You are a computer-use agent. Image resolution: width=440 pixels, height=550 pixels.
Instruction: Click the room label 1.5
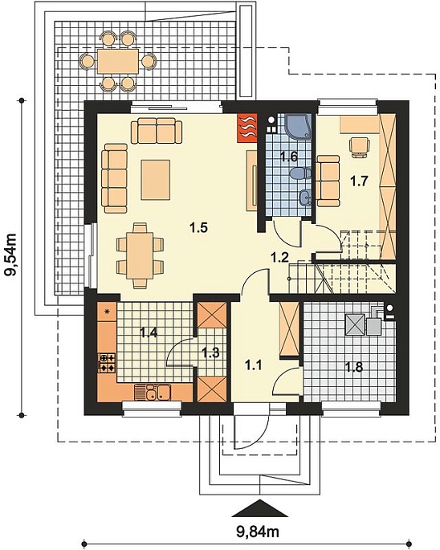coord(198,228)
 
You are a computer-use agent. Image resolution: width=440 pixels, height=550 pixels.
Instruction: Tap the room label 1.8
coord(354,367)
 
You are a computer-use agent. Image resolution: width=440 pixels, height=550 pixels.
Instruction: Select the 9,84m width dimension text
coord(258,532)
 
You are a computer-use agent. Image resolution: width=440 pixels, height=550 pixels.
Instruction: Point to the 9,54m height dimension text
coord(10,255)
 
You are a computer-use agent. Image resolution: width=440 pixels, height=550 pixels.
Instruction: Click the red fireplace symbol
coord(248,128)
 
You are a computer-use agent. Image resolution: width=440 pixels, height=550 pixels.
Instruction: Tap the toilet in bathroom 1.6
coord(301,173)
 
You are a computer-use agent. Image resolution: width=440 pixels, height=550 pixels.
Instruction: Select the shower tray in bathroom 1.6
coord(298,126)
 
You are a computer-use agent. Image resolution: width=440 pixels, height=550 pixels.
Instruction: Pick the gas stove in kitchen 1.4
coord(107,363)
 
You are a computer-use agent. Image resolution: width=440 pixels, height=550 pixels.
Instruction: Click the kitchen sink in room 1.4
coord(153,393)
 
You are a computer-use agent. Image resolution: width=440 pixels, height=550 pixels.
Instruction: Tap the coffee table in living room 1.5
coord(156,180)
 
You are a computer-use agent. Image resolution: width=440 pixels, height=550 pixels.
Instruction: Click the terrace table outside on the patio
coord(118,61)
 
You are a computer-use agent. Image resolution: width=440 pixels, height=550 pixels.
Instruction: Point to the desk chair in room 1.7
coord(359,147)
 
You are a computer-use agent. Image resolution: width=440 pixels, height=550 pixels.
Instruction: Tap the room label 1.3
coord(210,352)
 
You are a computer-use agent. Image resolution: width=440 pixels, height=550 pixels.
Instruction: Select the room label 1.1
coord(254,365)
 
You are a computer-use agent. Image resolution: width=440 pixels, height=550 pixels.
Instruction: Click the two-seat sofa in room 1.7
coord(328,181)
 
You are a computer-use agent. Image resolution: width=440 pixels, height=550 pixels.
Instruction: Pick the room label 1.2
coord(279,257)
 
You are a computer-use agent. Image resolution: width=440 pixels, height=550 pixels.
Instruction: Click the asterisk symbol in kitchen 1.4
coord(107,311)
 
